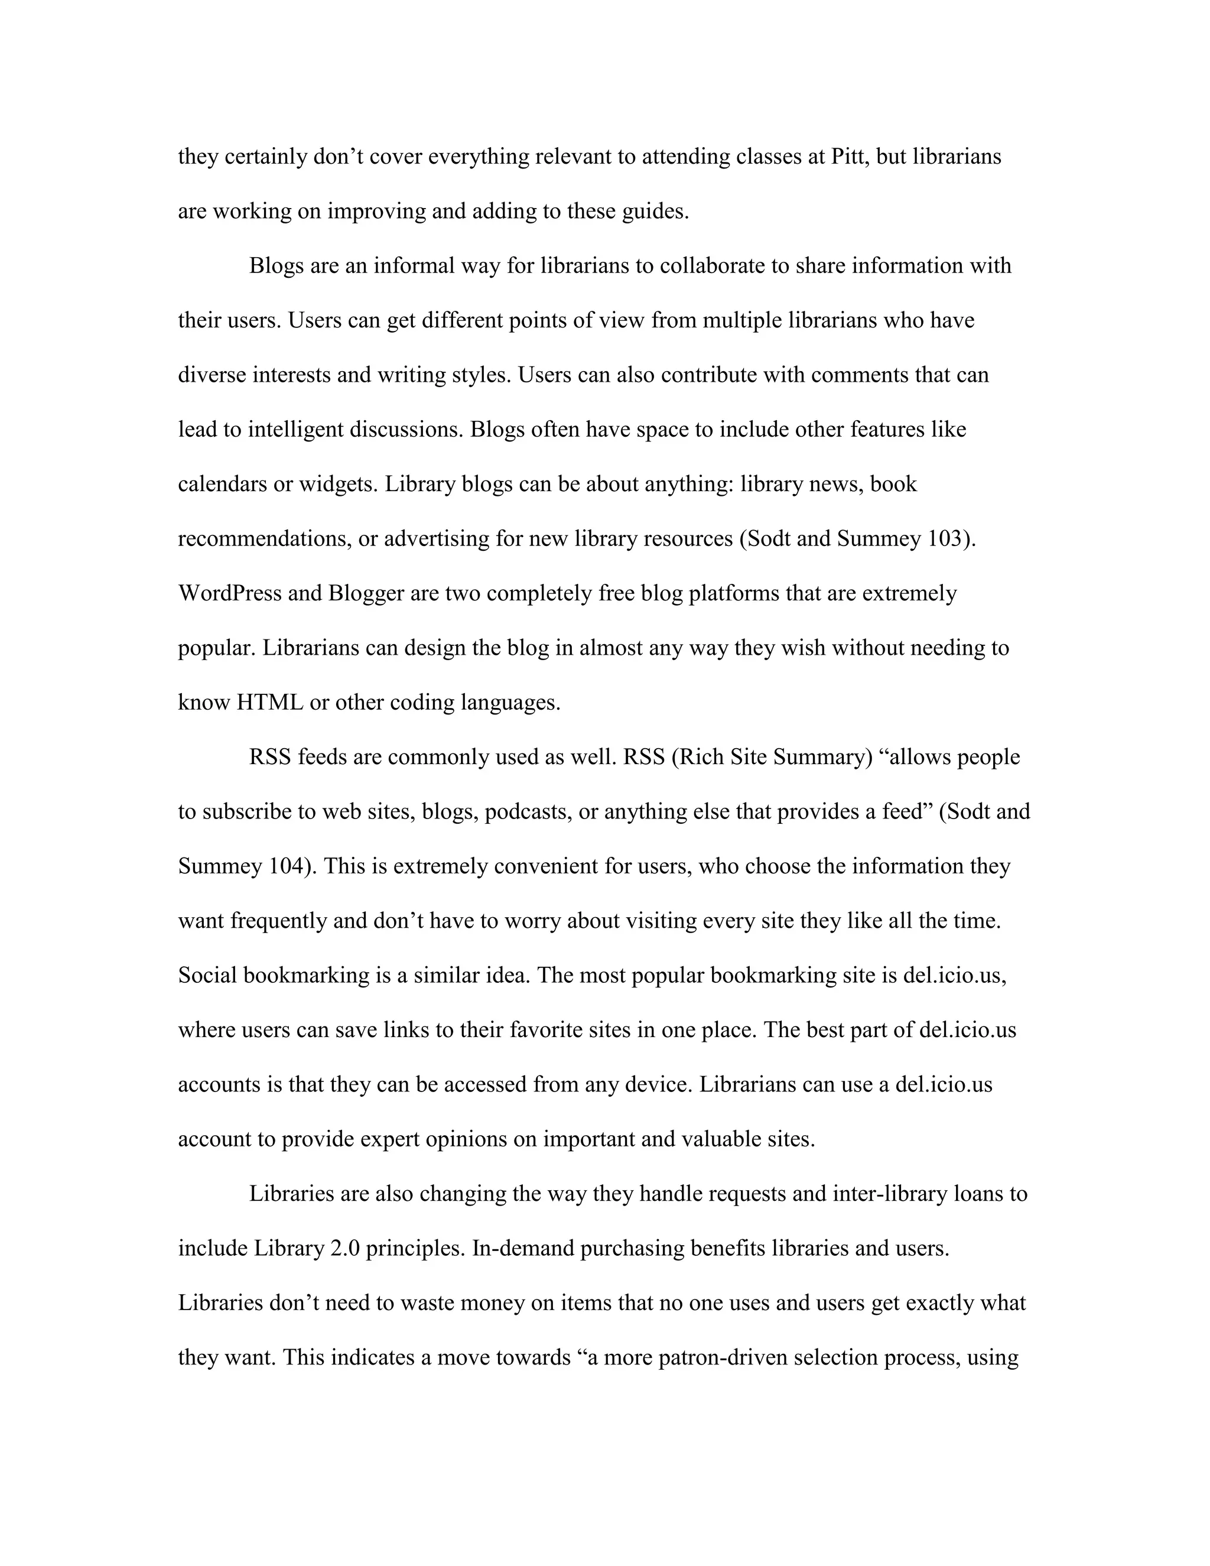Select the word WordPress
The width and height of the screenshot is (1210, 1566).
click(x=229, y=594)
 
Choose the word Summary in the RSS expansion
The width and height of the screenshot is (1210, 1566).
click(x=820, y=758)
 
